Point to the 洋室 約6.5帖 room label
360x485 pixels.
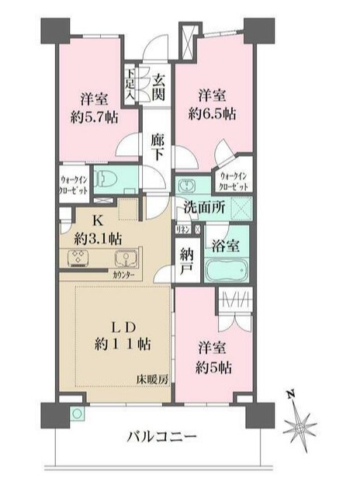pyautogui.click(x=212, y=104)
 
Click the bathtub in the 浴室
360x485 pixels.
pyautogui.click(x=227, y=272)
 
